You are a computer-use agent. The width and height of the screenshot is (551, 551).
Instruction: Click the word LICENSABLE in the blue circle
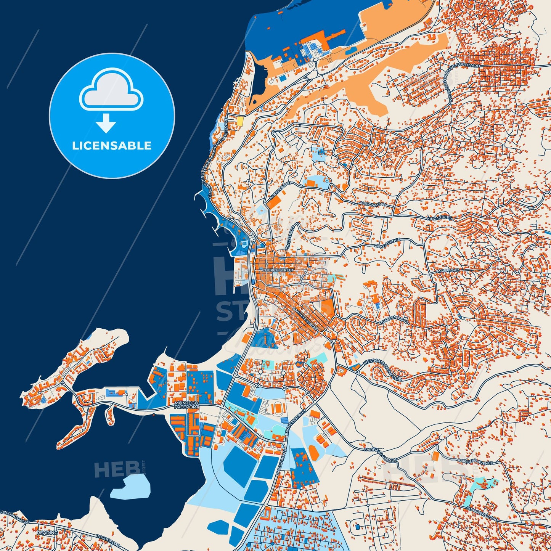(112, 146)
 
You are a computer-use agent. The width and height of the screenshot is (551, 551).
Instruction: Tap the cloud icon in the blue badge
(111, 90)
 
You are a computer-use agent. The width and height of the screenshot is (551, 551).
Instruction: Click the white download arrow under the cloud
(106, 123)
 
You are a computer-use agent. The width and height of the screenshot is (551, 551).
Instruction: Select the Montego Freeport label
(186, 405)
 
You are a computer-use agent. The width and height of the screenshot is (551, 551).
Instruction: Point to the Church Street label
(278, 270)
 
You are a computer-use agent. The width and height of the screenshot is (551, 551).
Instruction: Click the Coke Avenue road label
(387, 243)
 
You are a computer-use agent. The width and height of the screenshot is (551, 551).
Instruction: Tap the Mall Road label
(448, 270)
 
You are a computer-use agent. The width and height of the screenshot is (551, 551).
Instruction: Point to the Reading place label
(48, 532)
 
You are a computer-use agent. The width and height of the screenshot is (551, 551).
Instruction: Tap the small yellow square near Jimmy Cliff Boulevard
(240, 121)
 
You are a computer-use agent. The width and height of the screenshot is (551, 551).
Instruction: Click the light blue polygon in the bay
(130, 487)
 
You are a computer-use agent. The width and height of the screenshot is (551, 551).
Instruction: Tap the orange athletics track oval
(276, 408)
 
